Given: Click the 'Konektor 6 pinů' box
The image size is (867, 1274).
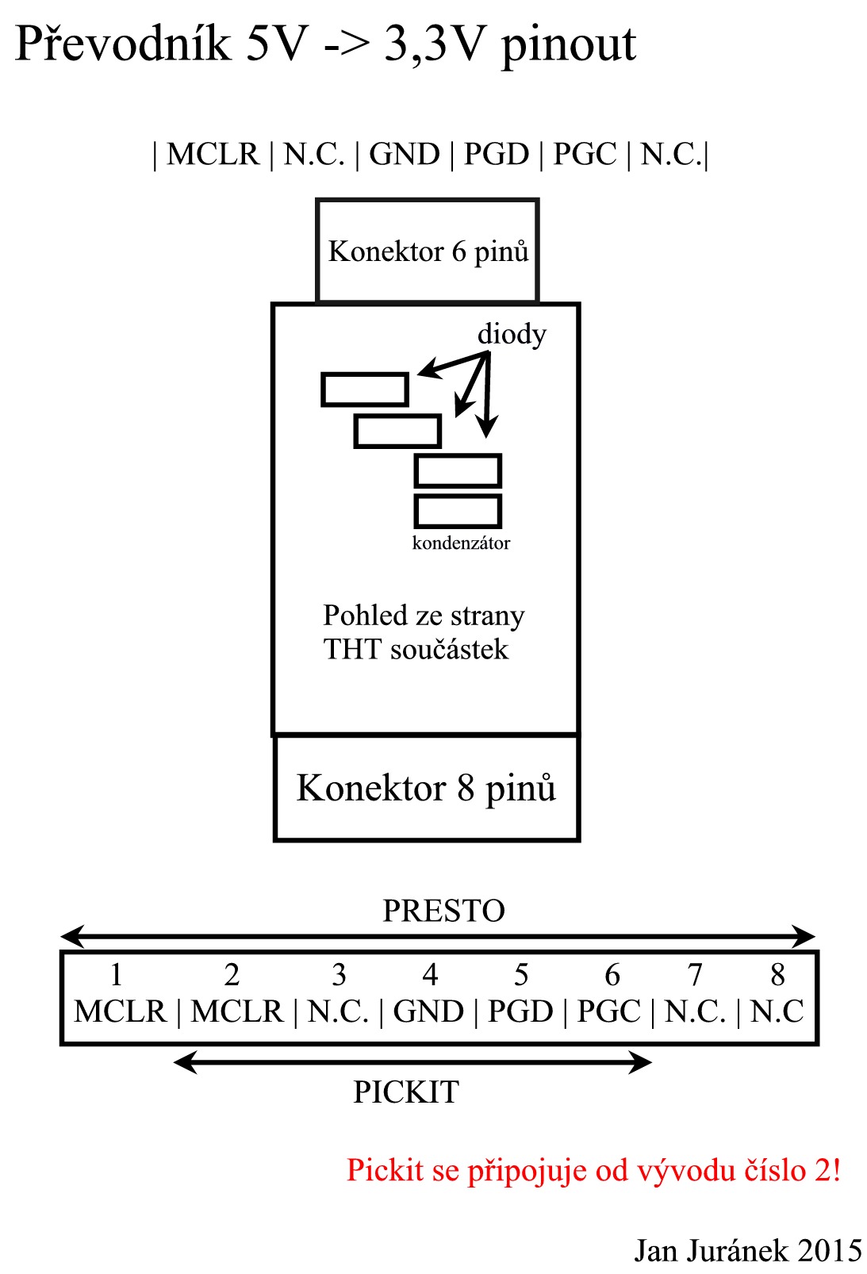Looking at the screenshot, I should coord(428,251).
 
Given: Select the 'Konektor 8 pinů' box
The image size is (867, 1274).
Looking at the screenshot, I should coord(427,788).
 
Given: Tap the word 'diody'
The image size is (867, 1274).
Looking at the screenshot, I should coord(512,334).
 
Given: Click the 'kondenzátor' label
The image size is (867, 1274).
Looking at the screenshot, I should coord(461,543).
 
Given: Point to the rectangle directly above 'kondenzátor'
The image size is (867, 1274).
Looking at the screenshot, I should coord(458,511).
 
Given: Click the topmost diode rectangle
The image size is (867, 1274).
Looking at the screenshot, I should coord(365,389).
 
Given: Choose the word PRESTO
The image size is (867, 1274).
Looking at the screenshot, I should coord(443,911).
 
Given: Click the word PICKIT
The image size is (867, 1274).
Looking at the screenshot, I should coord(406,1092).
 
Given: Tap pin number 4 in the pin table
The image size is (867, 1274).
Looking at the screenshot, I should coord(430,974).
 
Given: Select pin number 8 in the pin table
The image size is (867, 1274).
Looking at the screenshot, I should coord(777,974).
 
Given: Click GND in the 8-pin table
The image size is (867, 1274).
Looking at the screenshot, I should coord(428,1011).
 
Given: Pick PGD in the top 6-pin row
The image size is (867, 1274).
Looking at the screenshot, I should coord(496,154).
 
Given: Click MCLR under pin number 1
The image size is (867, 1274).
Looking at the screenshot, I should coord(121,1011).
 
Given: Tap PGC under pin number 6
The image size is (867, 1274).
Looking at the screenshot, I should coord(608,1011).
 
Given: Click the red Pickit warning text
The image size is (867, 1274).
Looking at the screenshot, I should coord(593,1170).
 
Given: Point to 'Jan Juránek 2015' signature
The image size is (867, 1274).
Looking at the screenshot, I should coord(747,1251).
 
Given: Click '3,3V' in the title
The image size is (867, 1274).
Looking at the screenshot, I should coord(433,44).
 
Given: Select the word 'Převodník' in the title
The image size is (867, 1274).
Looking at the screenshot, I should coord(122,44).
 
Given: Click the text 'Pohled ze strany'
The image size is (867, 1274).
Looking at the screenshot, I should coord(424,616).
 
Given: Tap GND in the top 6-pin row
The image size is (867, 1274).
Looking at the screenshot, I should coord(405,154).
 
